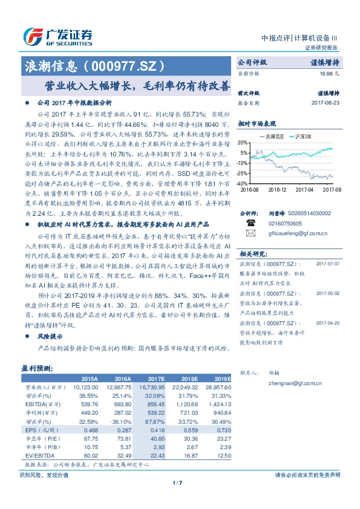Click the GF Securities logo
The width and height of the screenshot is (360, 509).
[57, 36]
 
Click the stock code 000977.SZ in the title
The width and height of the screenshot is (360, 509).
[124, 63]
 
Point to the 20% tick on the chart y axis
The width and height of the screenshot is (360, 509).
[242, 143]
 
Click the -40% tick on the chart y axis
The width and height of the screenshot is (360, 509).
[241, 183]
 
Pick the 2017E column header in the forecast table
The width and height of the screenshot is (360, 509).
[155, 376]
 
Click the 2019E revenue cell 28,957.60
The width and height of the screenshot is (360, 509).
[218, 385]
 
